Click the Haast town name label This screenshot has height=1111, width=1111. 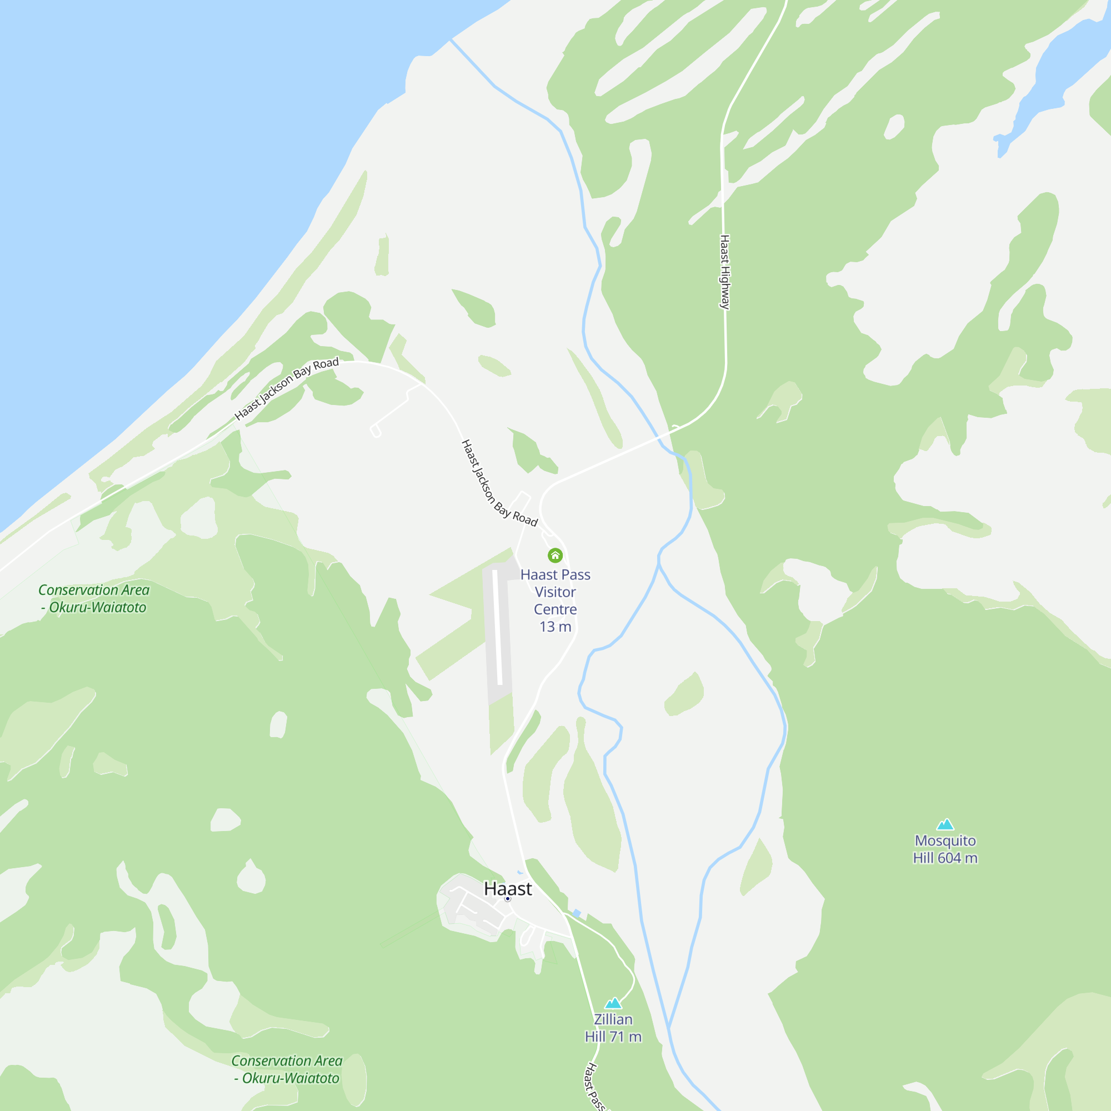pos(508,888)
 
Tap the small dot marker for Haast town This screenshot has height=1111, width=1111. pos(507,899)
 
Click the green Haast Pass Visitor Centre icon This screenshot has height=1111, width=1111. pos(555,555)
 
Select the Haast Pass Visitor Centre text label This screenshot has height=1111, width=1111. pos(555,592)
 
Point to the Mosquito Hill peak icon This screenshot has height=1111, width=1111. pos(945,824)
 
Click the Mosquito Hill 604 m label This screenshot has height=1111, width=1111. pos(945,849)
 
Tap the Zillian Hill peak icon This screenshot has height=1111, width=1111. pos(613,1003)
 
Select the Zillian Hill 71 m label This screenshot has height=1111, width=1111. pos(613,1028)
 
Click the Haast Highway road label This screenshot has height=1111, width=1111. pos(725,272)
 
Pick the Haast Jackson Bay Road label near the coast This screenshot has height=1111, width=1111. pos(287,389)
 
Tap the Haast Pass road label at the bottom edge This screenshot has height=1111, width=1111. pos(594,1087)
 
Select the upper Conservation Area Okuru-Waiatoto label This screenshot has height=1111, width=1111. pos(94,599)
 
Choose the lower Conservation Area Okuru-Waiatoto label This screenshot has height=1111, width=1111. pos(287,1069)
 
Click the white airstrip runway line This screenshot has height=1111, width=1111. pos(497,627)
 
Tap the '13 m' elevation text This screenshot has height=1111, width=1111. pos(555,626)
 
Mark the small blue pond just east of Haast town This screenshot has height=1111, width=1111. pos(576,913)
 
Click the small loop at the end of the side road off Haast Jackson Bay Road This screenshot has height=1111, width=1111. pos(376,431)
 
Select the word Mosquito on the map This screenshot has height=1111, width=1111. pos(945,840)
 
